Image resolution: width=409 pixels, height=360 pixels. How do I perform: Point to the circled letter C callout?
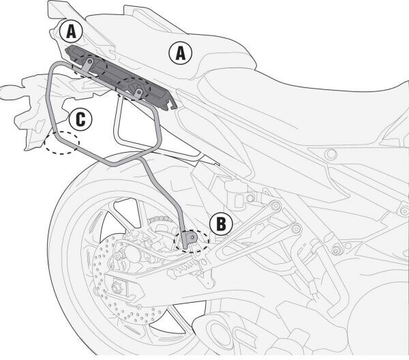[80, 120]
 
